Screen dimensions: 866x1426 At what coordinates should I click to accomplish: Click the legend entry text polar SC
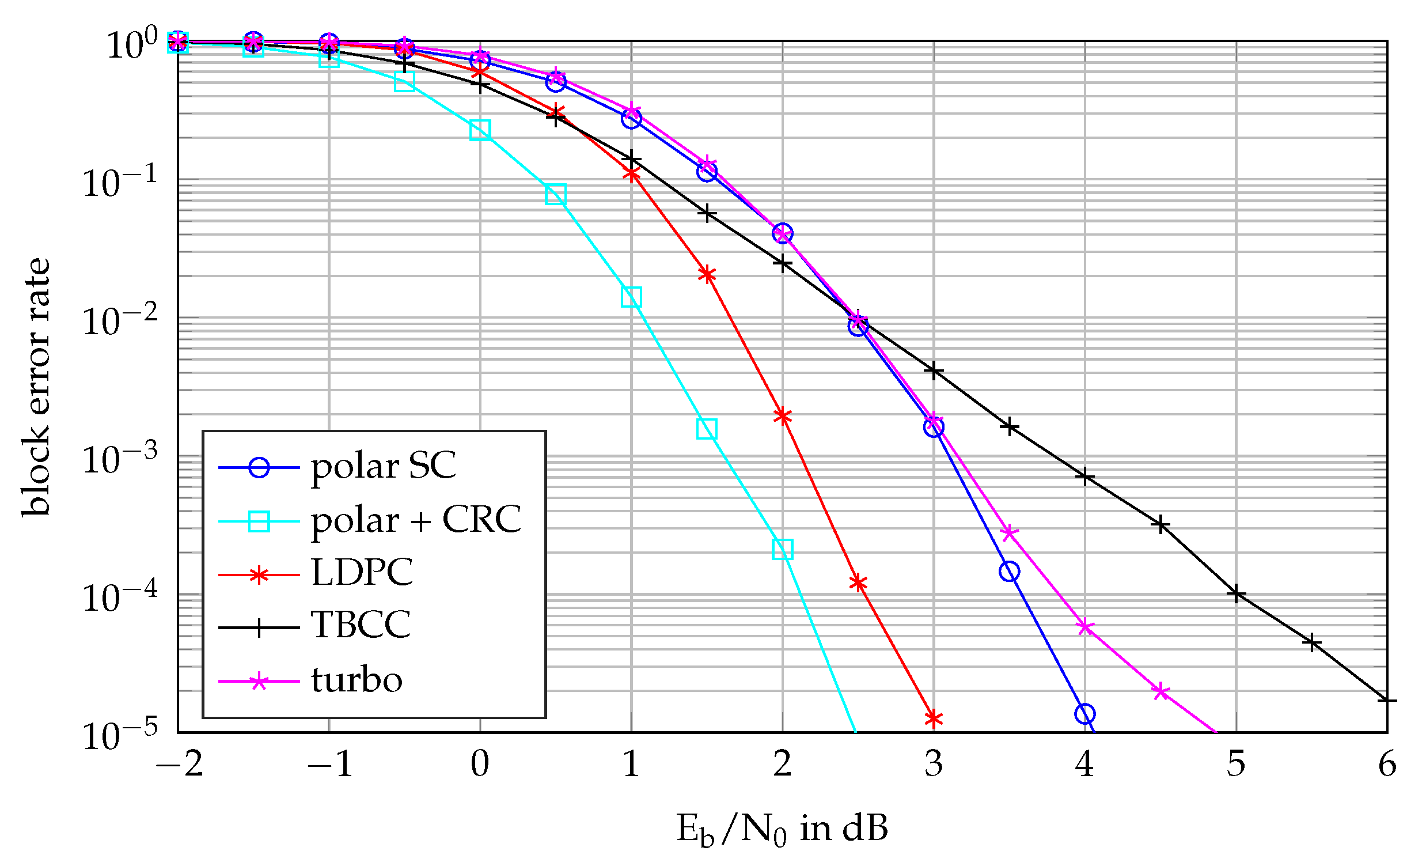coord(383,467)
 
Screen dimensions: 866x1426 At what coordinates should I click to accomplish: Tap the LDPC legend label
coord(362,573)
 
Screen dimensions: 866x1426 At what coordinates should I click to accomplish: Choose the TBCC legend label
coord(361,625)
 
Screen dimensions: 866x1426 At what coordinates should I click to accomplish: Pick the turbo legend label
coord(356,679)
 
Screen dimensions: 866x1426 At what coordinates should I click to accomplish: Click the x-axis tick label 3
coord(934,765)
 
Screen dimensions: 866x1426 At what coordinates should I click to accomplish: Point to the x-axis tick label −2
coord(180,765)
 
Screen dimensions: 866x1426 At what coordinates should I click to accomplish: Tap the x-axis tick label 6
coord(1387,765)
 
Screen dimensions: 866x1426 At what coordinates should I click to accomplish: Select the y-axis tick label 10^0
coord(132,44)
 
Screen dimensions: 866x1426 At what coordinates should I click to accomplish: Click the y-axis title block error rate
coord(36,386)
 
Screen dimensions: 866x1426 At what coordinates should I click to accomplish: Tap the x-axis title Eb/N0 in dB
coord(782,829)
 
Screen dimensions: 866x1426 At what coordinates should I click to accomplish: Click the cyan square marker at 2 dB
coord(783,549)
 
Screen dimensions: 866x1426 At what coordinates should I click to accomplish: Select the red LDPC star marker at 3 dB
coord(934,718)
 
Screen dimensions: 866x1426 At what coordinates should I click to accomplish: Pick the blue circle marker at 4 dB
coord(1084,714)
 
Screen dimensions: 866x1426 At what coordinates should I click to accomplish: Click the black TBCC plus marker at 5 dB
coord(1236,594)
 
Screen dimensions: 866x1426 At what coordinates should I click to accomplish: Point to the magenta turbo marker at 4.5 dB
coord(1161,691)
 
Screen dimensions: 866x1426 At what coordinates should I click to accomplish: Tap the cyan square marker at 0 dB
coord(480,130)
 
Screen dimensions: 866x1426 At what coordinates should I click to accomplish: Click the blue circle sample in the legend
coord(259,467)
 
